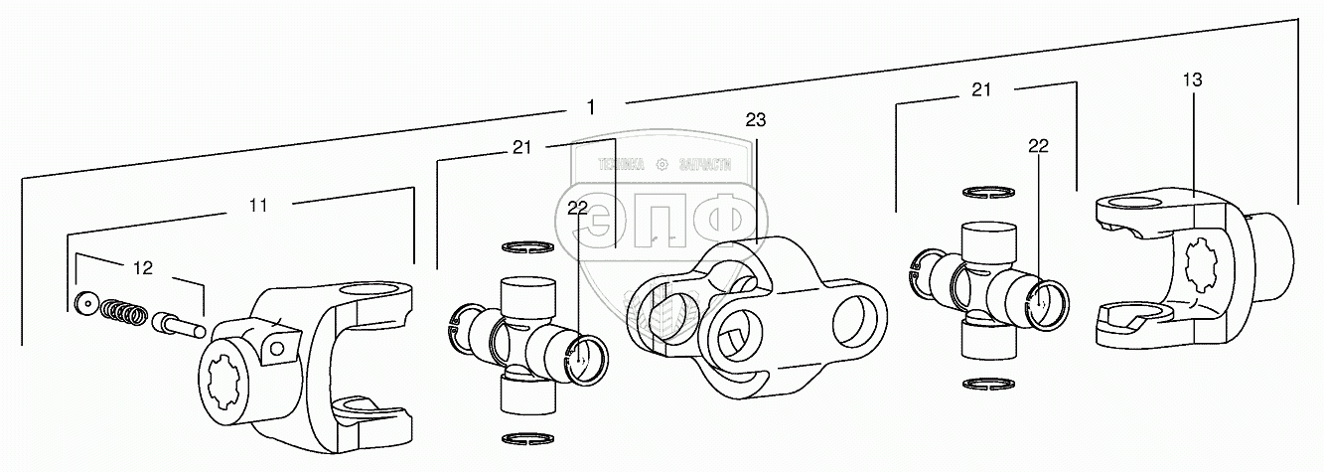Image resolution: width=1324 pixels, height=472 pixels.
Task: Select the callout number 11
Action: [x=258, y=206]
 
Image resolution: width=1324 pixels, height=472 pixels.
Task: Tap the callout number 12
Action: [x=143, y=267]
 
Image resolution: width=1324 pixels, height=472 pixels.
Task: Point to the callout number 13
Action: [x=1193, y=79]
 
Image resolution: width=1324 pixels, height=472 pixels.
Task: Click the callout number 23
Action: [x=756, y=120]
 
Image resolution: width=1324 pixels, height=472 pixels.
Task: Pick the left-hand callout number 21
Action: [x=522, y=147]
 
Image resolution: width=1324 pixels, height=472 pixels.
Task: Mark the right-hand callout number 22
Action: [x=1038, y=145]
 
